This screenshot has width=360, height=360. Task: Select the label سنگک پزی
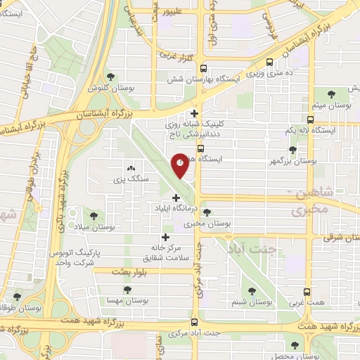pyautogui.click(x=129, y=179)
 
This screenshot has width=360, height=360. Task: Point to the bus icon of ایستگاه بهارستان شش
pyautogui.click(x=203, y=69)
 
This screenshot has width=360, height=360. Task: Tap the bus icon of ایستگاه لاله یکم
pyautogui.click(x=310, y=120)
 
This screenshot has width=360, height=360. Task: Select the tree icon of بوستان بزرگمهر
pyautogui.click(x=292, y=150)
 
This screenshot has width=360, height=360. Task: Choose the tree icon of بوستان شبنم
pyautogui.click(x=252, y=290)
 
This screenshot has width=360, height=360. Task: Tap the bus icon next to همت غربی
pyautogui.click(x=307, y=291)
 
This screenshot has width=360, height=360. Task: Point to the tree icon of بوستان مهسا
pyautogui.click(x=127, y=288)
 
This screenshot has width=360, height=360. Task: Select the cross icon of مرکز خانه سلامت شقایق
pyautogui.click(x=167, y=237)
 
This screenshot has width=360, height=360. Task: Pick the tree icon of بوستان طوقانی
pyautogui.click(x=17, y=297)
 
